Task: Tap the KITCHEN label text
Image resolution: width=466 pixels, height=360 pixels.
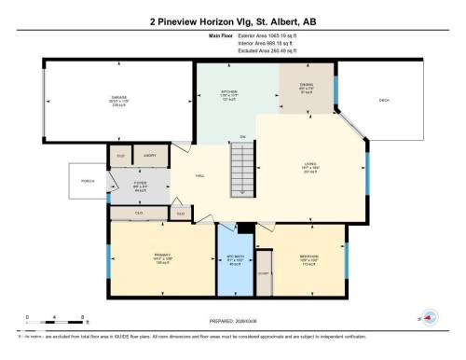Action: (207, 91)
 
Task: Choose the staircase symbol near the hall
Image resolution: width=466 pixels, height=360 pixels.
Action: (244, 171)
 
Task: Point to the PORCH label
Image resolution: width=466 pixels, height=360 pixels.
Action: (89, 180)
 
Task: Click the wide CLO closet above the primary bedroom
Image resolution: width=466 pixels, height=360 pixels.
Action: (139, 213)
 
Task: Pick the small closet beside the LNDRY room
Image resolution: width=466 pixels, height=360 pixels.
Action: (120, 156)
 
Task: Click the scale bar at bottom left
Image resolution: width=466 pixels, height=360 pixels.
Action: (56, 317)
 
